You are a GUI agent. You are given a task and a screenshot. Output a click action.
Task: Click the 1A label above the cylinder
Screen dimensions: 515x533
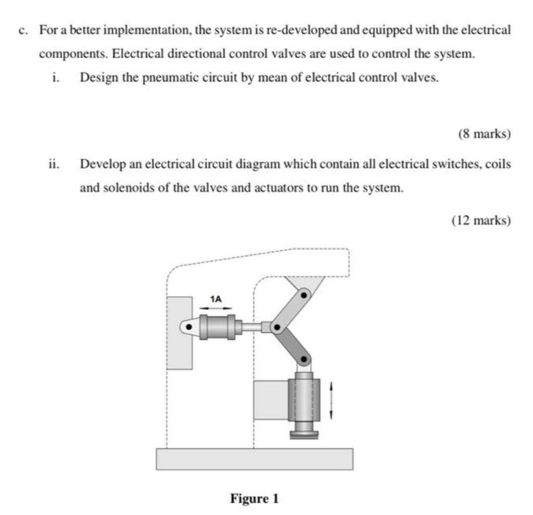pos(215,299)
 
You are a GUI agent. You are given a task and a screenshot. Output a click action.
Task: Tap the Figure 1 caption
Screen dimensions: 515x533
pos(255,499)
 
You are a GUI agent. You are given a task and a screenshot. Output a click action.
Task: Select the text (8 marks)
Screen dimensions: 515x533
pos(485,134)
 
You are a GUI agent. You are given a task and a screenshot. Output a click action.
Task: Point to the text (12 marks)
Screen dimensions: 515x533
pos(481,220)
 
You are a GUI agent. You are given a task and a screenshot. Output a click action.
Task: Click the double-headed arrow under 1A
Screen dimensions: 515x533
pos(215,308)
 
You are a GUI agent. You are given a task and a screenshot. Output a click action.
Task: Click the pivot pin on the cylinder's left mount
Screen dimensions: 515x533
pos(189,328)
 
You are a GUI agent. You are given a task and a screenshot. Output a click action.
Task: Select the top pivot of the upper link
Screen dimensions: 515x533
pos(304,295)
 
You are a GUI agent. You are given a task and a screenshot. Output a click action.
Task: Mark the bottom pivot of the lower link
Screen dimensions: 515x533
pos(304,359)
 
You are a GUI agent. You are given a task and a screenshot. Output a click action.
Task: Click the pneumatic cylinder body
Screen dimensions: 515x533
pos(218,327)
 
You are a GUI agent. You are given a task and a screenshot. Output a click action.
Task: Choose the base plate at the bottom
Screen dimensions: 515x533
pos(255,459)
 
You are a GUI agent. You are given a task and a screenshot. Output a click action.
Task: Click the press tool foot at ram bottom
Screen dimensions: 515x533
pos(304,432)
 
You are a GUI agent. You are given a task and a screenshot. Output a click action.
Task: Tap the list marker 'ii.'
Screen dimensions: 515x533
pos(54,165)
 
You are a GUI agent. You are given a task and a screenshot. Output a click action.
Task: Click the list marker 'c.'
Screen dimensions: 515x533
pos(23,30)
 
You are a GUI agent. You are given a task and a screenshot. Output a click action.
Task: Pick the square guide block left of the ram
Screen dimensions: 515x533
pos(271,400)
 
